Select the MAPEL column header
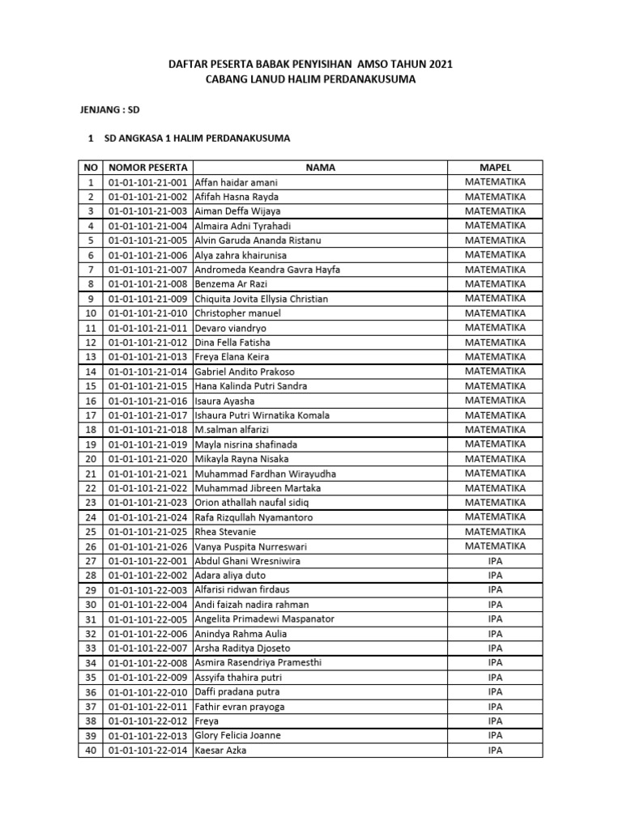coord(495,168)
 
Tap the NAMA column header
coord(320,168)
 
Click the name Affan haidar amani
coord(236,182)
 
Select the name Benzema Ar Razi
coord(234,284)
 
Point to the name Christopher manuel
coord(238,313)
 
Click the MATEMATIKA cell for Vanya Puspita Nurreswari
coord(495,546)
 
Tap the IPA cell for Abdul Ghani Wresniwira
coord(495,561)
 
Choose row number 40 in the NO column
coord(91,750)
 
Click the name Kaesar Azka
coord(221,750)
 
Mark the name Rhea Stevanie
coord(227,532)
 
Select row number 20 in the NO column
coord(91,459)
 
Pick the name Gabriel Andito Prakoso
coord(245,372)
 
